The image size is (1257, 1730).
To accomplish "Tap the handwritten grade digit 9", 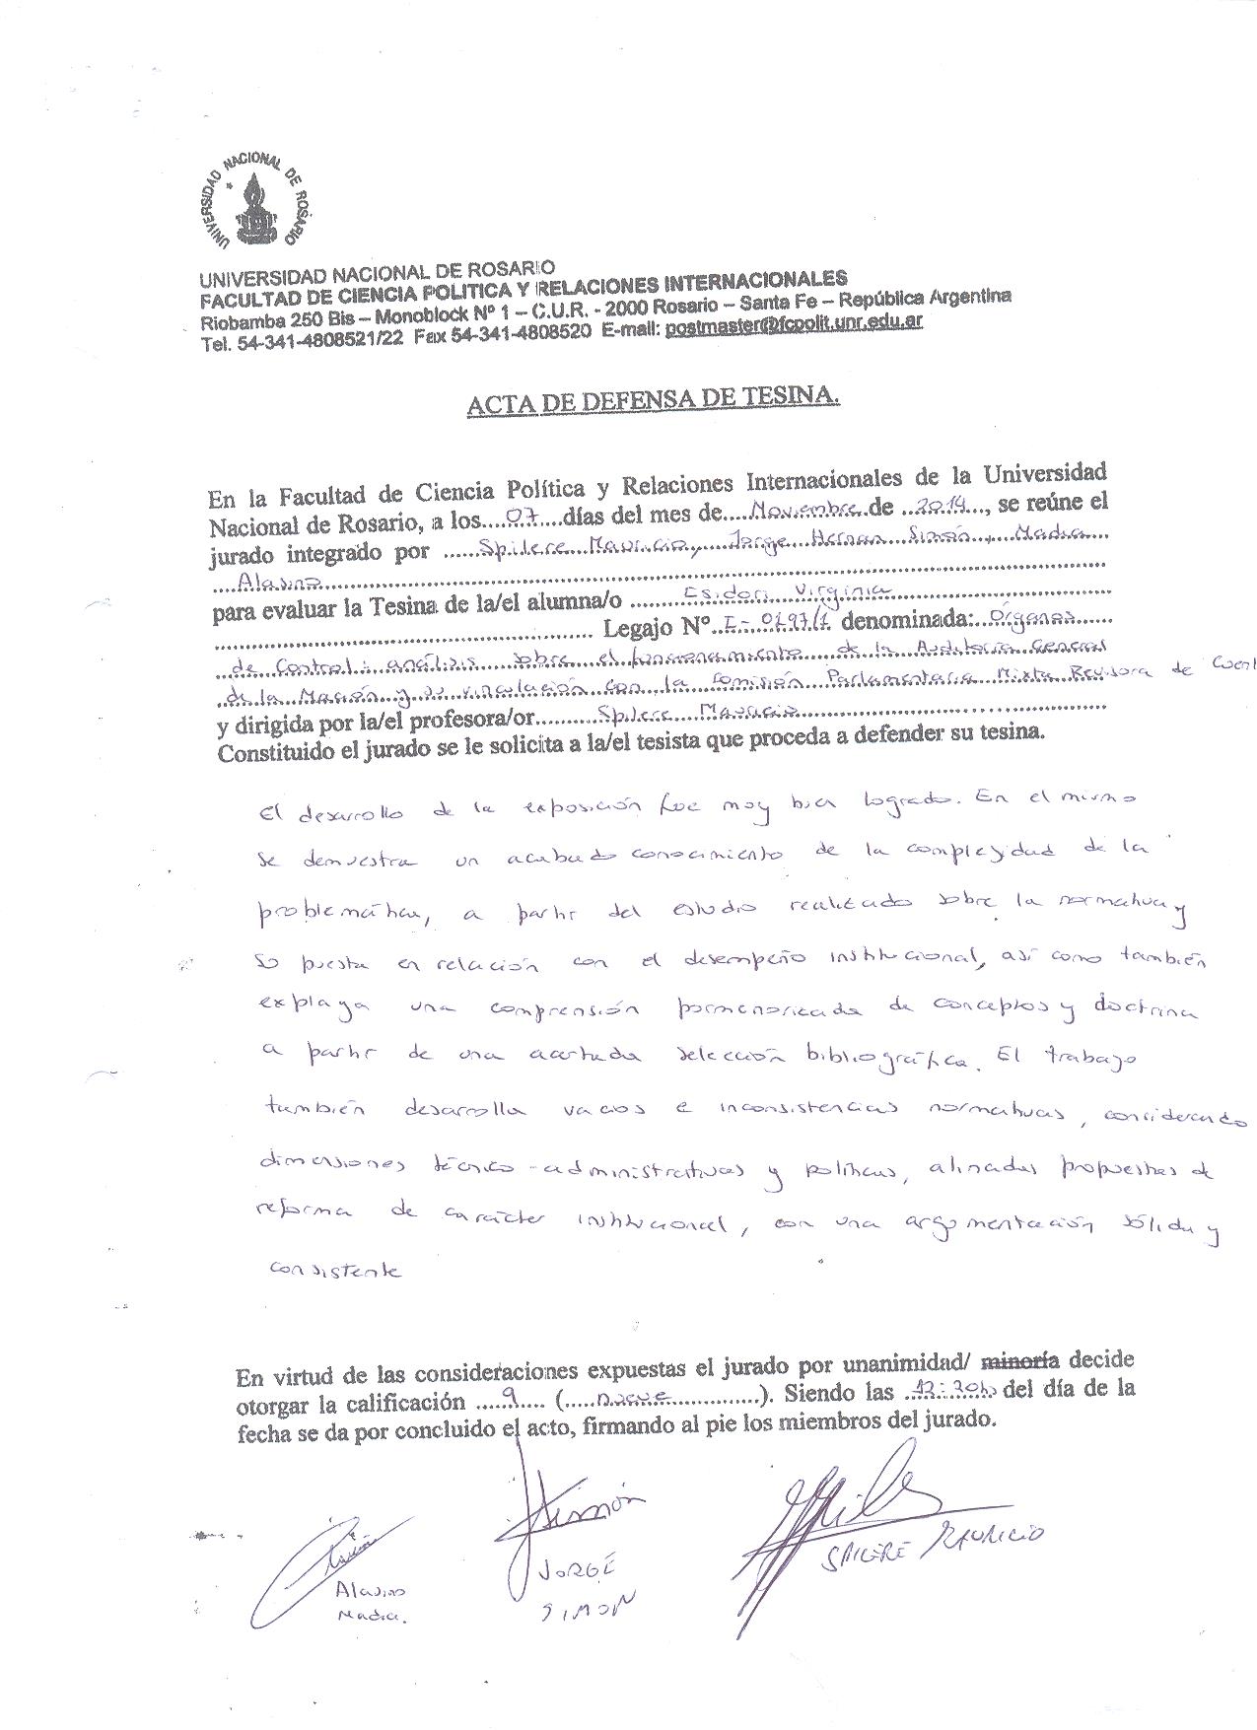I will (x=507, y=1396).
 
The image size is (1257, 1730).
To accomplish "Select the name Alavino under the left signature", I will (x=370, y=1590).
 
